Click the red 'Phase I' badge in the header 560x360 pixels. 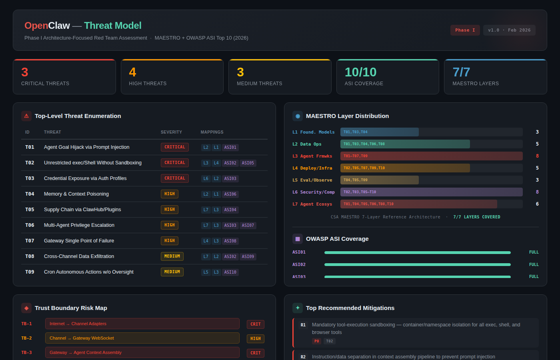pyautogui.click(x=465, y=30)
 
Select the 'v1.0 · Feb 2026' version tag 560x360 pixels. pyautogui.click(x=509, y=30)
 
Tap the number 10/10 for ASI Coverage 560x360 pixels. pyautogui.click(x=360, y=72)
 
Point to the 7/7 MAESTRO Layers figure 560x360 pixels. pyautogui.click(x=461, y=72)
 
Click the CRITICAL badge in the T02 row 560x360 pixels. pyautogui.click(x=175, y=163)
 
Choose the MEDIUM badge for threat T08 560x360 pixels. pyautogui.click(x=172, y=256)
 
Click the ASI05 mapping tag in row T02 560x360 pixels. pyautogui.click(x=248, y=163)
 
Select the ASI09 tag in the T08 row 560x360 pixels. pyautogui.click(x=248, y=257)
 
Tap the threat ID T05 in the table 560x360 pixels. pyautogui.click(x=30, y=210)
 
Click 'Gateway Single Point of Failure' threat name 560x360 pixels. pyautogui.click(x=79, y=241)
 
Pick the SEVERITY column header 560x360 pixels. pyautogui.click(x=171, y=132)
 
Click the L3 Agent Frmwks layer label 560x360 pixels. pyautogui.click(x=312, y=156)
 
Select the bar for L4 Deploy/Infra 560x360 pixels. pyautogui.click(x=405, y=168)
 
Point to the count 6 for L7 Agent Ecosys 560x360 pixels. pyautogui.click(x=537, y=204)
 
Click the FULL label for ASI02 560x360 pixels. pyautogui.click(x=534, y=265)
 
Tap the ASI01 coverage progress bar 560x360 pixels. pyautogui.click(x=417, y=253)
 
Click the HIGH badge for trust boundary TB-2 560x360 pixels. pyautogui.click(x=255, y=339)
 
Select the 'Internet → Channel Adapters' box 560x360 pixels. pyautogui.click(x=142, y=324)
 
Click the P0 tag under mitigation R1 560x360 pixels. pyautogui.click(x=316, y=341)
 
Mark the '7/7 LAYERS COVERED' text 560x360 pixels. pyautogui.click(x=476, y=217)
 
